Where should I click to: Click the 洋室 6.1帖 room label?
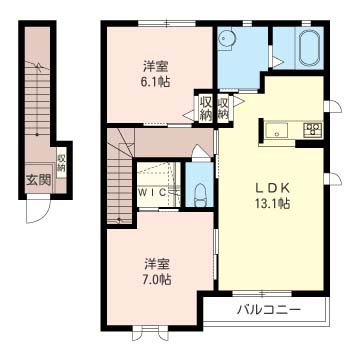tap(155, 75)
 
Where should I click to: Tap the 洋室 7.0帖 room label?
tap(154, 271)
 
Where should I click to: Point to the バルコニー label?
tap(268, 310)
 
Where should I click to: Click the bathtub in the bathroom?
tap(306, 45)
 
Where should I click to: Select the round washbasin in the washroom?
tap(226, 38)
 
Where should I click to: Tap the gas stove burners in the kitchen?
tap(311, 129)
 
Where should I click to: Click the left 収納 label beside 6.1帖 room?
tap(204, 108)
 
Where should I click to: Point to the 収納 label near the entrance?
tap(61, 161)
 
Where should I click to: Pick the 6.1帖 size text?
tap(155, 83)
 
